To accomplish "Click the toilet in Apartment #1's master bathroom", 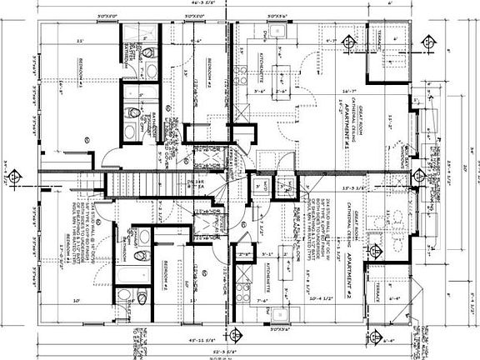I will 148,54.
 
